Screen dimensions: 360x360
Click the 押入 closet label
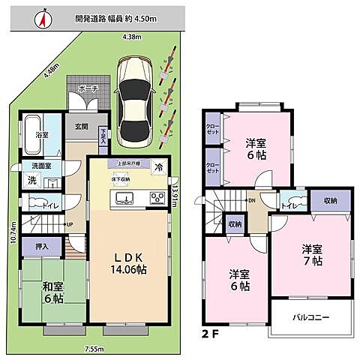coord(42,245)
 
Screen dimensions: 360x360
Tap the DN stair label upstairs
coord(253,201)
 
